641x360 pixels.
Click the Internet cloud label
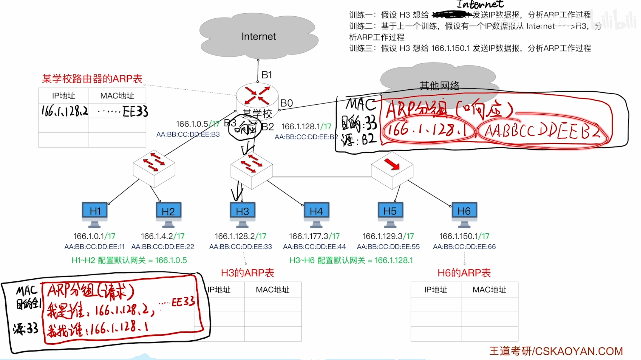[259, 36]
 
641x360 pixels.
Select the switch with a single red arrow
[392, 169]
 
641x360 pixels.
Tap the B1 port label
[267, 75]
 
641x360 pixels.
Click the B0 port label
[286, 103]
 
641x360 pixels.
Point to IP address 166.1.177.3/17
[314, 236]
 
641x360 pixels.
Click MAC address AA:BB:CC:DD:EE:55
[388, 246]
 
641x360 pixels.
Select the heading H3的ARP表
[248, 273]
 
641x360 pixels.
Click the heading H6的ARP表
[464, 273]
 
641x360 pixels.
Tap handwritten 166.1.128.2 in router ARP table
[65, 111]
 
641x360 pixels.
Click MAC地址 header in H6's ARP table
[489, 290]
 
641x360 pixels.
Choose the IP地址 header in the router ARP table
[64, 96]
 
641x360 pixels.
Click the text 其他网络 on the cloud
[440, 85]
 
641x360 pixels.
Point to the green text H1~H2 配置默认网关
[129, 260]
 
